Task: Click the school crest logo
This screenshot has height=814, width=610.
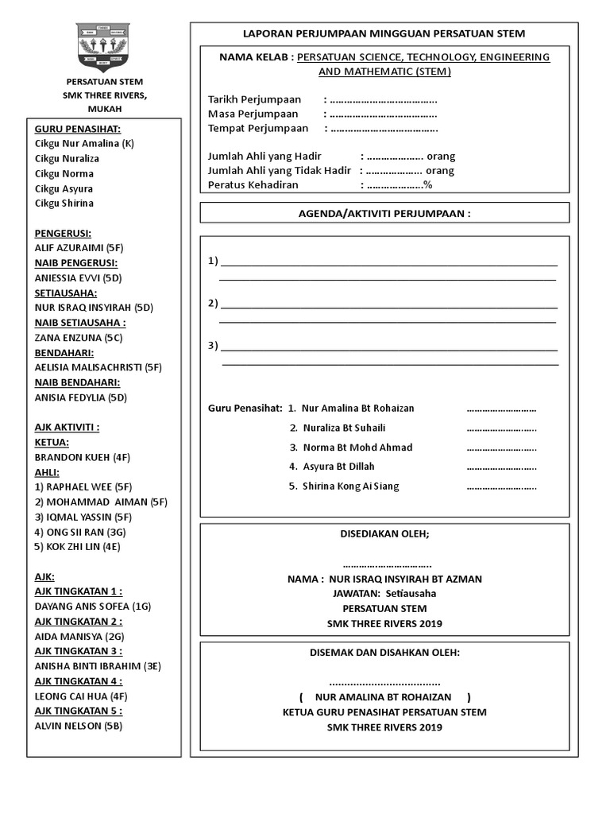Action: coord(105,46)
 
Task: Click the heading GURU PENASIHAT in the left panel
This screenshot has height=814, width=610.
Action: coord(78,129)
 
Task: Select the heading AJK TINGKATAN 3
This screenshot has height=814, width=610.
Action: coord(79,652)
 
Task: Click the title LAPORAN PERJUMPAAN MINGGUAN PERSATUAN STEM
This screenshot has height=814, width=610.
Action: coord(384,33)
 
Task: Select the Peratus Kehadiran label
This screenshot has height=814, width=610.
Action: coord(253,185)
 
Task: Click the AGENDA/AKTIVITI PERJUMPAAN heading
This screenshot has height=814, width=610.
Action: coord(384,214)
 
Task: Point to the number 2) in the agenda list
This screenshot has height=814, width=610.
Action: coord(213,304)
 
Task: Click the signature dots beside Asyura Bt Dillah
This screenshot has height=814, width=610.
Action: coord(501,467)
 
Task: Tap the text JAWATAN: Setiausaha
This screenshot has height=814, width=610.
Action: coord(384,593)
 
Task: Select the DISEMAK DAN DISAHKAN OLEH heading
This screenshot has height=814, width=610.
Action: coord(384,653)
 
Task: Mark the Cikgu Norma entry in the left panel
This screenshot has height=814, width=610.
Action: coord(64,173)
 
